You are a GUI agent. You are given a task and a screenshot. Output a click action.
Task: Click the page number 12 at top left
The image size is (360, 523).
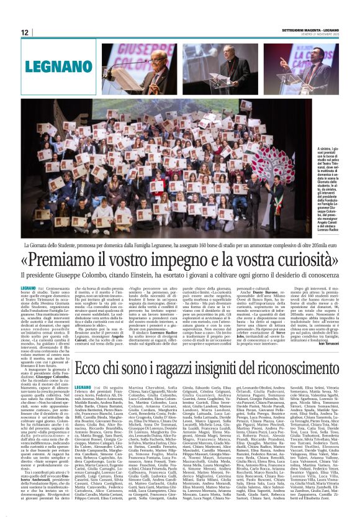pyautogui.click(x=25, y=32)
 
